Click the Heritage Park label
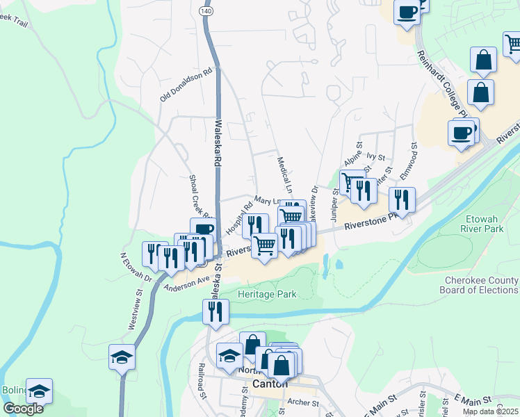[268, 294]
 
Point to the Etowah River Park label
[489, 222]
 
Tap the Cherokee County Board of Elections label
[481, 285]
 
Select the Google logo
[23, 409]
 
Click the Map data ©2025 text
[490, 411]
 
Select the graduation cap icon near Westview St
[122, 357]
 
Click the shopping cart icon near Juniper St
[350, 181]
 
